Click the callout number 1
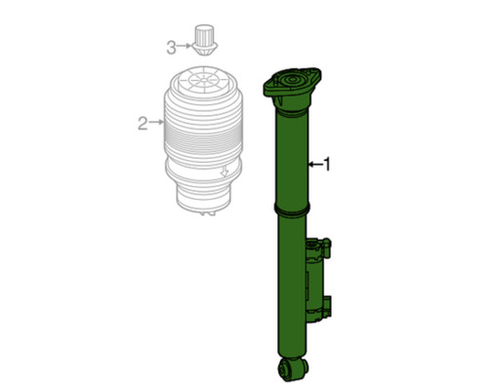point(326,166)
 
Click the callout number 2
point(142,123)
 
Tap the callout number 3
point(171,46)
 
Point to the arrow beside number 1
point(313,166)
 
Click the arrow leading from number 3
point(183,46)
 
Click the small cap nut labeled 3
point(204,40)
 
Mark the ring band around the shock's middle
point(293,212)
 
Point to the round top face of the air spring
point(202,81)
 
